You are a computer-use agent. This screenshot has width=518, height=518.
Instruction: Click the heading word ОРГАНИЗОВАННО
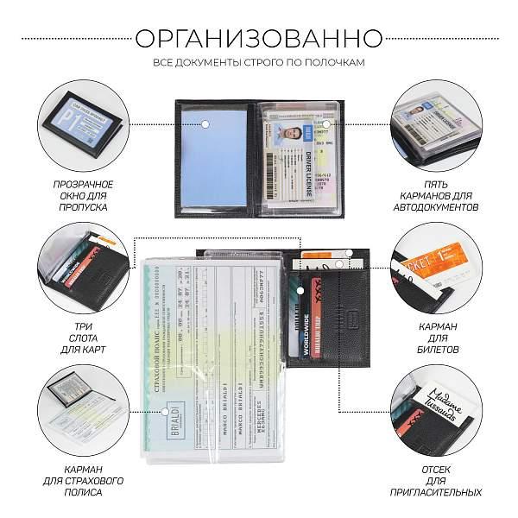click(259, 39)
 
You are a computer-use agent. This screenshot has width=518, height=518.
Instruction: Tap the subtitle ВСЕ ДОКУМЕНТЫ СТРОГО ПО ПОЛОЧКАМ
click(259, 63)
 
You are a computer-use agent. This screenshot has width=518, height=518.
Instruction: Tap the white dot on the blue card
click(206, 126)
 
